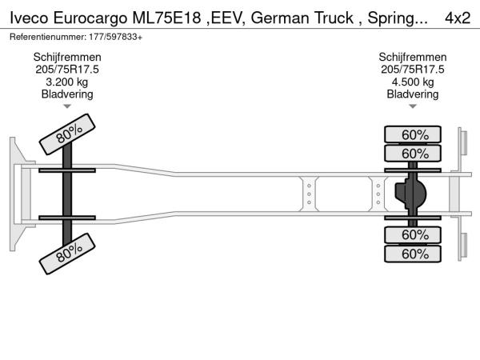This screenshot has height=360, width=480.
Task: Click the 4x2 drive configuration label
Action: pyautogui.click(x=458, y=18)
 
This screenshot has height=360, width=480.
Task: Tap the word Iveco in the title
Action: pyautogui.click(x=29, y=18)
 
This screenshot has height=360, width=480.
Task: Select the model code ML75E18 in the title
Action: pyautogui.click(x=166, y=18)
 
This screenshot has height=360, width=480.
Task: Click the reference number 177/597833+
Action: pyautogui.click(x=116, y=37)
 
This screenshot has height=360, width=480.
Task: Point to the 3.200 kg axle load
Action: pyautogui.click(x=66, y=82)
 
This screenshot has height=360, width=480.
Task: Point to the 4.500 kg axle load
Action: pyautogui.click(x=413, y=82)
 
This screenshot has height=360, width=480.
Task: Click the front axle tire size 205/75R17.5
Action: pyautogui.click(x=67, y=70)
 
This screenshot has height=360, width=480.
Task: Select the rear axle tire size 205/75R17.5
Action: pyautogui.click(x=413, y=70)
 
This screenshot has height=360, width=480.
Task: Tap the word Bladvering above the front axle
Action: pyautogui.click(x=67, y=94)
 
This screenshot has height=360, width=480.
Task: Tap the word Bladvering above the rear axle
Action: pyautogui.click(x=413, y=94)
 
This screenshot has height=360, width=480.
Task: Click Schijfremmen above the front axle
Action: pyautogui.click(x=67, y=58)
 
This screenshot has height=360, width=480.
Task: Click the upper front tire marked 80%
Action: pyautogui.click(x=67, y=134)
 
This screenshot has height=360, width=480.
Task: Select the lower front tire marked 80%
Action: pyautogui.click(x=67, y=254)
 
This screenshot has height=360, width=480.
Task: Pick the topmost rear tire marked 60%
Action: pyautogui.click(x=413, y=134)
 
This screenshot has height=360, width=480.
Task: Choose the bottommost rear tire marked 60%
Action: pyautogui.click(x=413, y=254)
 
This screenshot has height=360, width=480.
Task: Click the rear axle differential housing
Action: pyautogui.click(x=410, y=194)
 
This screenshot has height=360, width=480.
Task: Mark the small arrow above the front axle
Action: pyautogui.click(x=67, y=106)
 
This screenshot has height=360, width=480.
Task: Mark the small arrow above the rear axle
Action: pyautogui.click(x=413, y=106)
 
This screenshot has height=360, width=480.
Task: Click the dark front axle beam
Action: pyautogui.click(x=67, y=194)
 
